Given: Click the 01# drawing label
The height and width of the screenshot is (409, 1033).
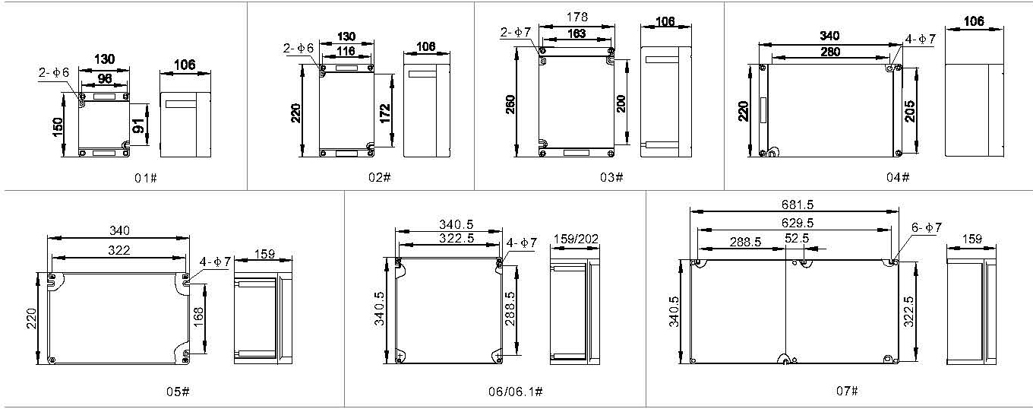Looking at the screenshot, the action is (146, 177).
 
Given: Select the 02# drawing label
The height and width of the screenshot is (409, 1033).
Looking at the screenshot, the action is (380, 177).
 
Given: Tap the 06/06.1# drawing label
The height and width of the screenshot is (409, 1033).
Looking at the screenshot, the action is (516, 392).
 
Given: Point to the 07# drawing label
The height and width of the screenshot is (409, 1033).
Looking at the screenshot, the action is (847, 391).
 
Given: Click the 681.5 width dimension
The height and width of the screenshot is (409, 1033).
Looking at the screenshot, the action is (798, 204).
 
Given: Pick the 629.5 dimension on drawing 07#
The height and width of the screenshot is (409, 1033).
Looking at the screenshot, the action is (798, 223).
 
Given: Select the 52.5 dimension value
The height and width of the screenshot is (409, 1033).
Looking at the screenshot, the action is (797, 238).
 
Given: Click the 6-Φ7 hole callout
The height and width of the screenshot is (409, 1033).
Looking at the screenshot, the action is (927, 227).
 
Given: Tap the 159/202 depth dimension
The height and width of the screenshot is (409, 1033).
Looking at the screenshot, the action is (576, 239).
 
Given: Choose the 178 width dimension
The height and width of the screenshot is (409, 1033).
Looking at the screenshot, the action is (577, 17).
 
